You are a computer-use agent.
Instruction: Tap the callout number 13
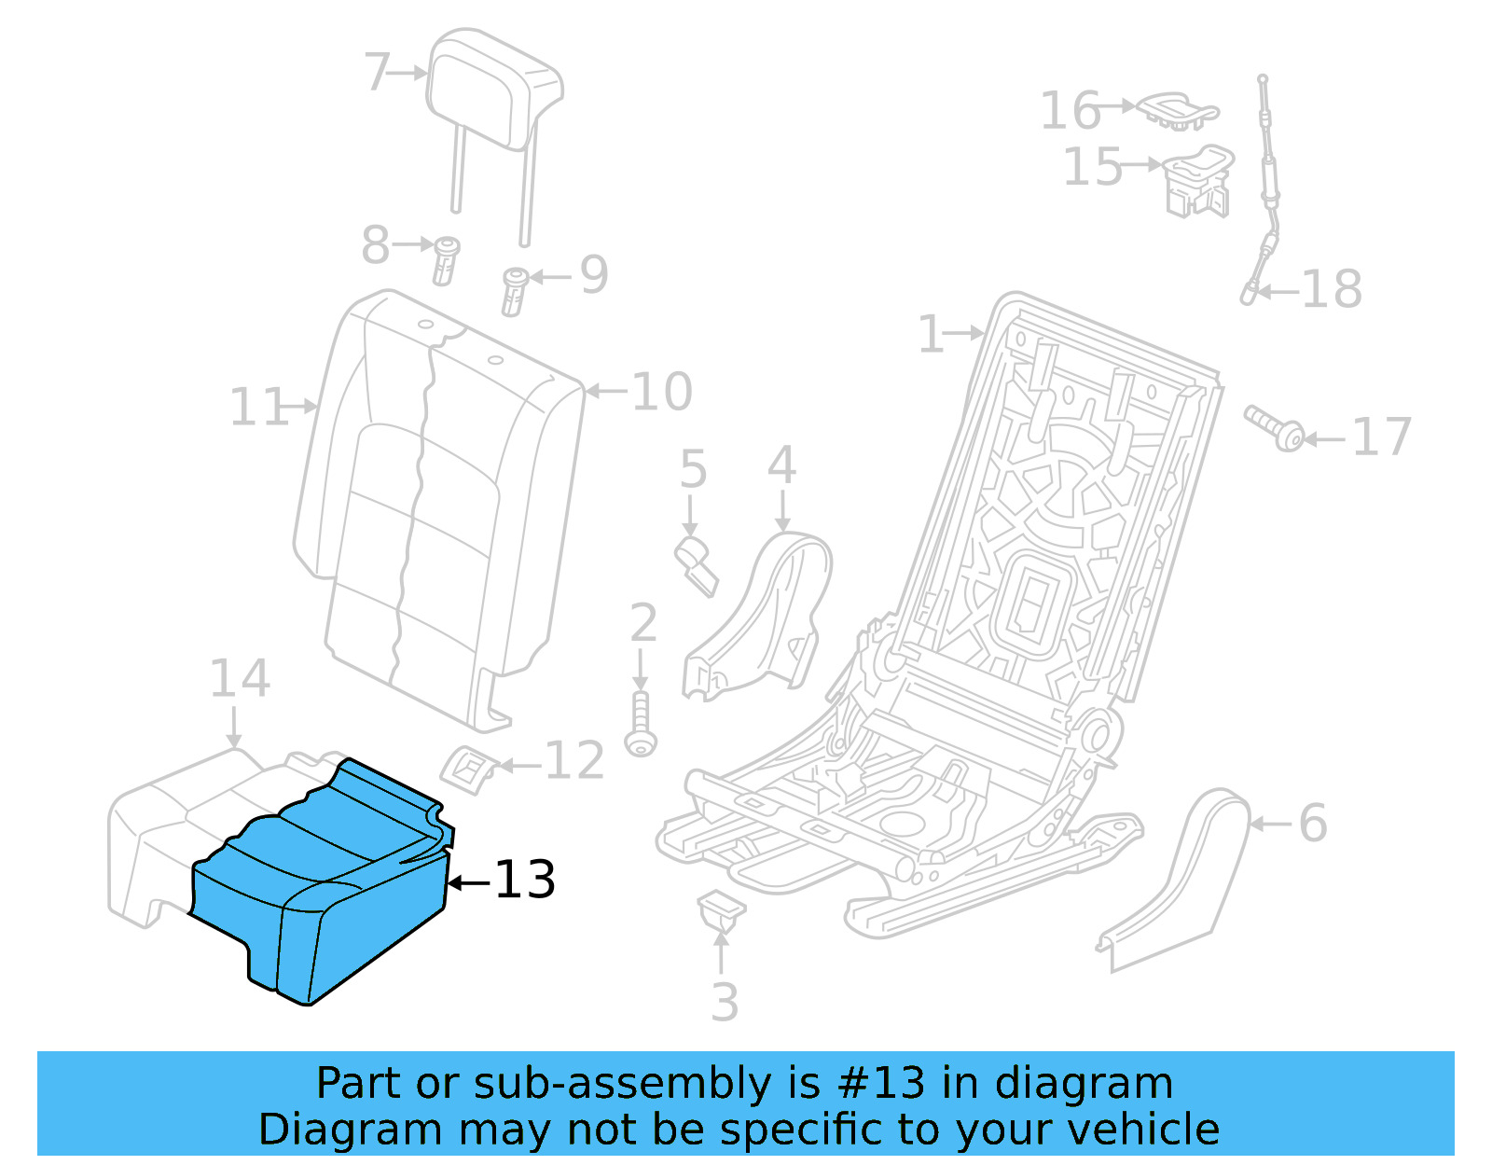(x=524, y=880)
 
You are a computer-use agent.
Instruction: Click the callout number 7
(x=377, y=72)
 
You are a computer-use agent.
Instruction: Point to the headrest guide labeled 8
(x=446, y=259)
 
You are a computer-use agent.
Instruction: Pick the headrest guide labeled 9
(x=515, y=290)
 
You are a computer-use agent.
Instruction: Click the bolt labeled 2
(x=641, y=724)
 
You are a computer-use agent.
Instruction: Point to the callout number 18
(x=1332, y=290)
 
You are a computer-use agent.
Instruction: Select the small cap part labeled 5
(x=697, y=562)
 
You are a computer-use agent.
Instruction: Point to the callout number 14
(x=240, y=678)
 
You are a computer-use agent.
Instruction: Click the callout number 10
(x=662, y=392)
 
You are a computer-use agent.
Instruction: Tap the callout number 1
(x=931, y=334)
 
